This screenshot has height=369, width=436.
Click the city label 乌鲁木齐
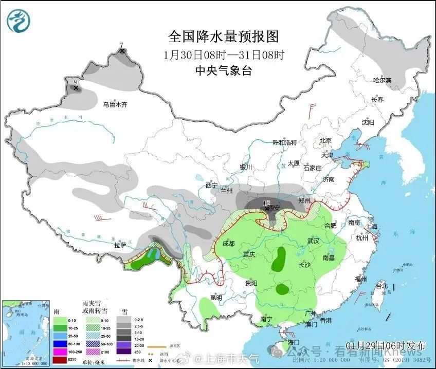coord(114,104)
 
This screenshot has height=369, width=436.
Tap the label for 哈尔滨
coord(382,80)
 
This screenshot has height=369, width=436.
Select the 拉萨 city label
coord(120,245)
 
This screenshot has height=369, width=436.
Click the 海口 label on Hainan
coord(293,342)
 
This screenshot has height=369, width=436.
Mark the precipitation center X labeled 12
coord(266,208)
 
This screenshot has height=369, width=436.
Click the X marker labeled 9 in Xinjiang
coord(76,88)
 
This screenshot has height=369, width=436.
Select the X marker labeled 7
coord(122,51)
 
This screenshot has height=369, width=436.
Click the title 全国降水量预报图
coord(223,36)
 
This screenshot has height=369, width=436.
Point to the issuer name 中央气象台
coord(223,71)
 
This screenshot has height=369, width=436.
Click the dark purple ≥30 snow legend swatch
coord(123,352)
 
